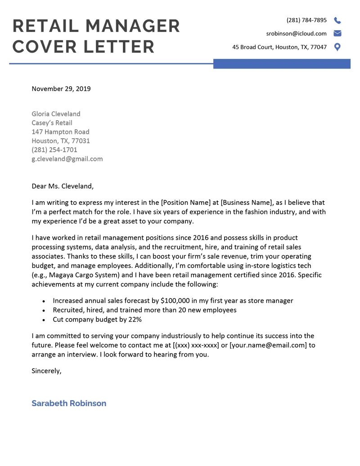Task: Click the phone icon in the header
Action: tap(337, 20)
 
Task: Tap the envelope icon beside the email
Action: tap(337, 33)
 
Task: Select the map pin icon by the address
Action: tap(337, 47)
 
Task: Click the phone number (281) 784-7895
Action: tap(306, 20)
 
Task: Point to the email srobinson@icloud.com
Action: tap(296, 33)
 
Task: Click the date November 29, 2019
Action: tap(61, 89)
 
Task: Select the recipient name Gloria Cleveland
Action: tap(56, 114)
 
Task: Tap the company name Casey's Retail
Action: tap(52, 123)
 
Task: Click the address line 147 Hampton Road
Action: tap(60, 132)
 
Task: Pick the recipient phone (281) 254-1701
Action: tap(54, 150)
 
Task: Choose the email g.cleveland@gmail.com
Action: tap(67, 159)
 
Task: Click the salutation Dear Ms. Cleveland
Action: tap(63, 186)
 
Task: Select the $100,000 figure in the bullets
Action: tap(179, 300)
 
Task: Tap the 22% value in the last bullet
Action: tap(134, 319)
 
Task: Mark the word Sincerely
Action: tap(46, 371)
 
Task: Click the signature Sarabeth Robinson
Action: tap(69, 403)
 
